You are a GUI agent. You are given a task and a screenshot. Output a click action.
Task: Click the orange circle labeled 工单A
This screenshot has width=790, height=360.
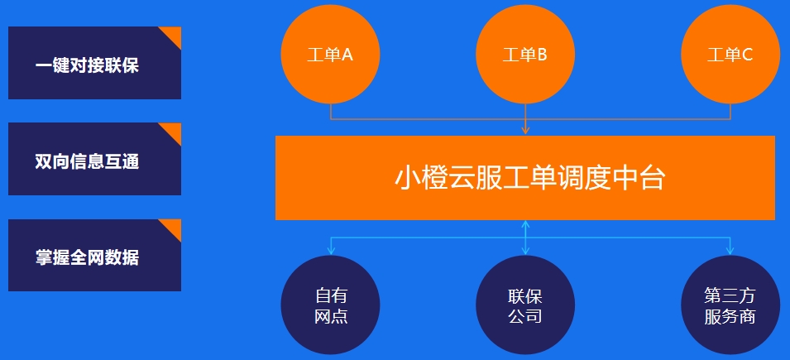330,55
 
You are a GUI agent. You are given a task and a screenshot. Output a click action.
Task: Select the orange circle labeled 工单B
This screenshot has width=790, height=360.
525,55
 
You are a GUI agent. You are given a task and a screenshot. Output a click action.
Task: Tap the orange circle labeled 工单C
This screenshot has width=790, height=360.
730,55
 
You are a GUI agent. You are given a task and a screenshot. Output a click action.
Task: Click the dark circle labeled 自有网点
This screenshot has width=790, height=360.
330,305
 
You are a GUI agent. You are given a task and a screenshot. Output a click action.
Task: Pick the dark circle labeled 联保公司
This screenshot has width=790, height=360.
525,305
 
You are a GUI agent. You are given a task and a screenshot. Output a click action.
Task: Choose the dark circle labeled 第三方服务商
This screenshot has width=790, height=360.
730,305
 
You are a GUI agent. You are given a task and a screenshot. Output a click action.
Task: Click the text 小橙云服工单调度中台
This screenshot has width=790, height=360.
529,178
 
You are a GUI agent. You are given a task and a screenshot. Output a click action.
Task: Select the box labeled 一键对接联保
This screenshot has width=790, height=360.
95,63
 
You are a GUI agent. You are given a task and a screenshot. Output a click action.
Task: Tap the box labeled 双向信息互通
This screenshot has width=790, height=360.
95,159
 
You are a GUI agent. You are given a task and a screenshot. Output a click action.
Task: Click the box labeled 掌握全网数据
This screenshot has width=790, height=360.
95,255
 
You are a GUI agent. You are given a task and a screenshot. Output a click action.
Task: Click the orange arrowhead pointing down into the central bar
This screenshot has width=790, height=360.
525,131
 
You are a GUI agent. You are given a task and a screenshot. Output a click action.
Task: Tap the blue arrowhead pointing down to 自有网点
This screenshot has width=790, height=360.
331,251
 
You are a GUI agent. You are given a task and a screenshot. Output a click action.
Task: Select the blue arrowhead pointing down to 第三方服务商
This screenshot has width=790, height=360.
730,251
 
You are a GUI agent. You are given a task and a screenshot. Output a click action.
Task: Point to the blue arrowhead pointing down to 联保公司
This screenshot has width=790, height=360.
525,251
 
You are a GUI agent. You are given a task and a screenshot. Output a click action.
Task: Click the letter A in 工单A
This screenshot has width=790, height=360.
347,55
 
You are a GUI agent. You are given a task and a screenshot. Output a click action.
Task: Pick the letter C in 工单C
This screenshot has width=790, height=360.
747,55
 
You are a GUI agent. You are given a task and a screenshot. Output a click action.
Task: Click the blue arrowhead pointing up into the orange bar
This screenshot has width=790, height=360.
525,224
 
